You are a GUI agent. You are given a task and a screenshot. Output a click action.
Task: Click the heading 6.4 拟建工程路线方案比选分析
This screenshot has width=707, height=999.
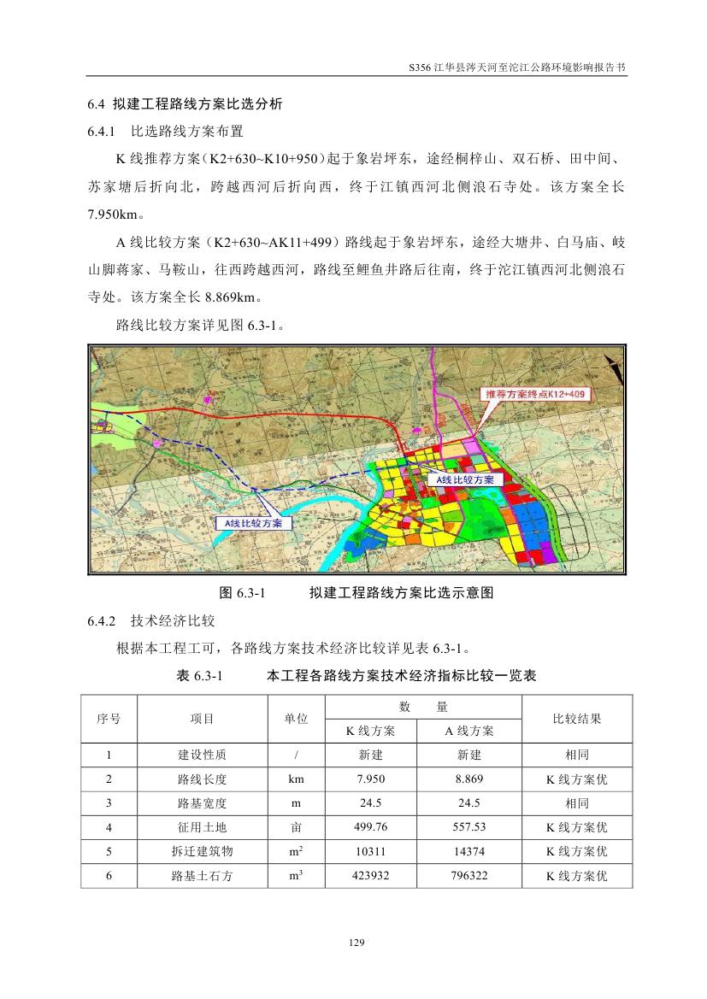185,105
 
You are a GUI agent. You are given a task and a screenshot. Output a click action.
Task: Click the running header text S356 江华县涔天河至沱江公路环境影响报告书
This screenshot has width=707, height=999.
518,66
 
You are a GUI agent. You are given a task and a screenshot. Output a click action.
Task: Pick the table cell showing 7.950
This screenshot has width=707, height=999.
370,779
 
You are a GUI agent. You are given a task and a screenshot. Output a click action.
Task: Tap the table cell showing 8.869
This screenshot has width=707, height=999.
469,779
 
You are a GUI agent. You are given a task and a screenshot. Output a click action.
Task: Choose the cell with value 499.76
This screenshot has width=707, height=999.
370,827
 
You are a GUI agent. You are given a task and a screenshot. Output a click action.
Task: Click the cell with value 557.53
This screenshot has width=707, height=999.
469,827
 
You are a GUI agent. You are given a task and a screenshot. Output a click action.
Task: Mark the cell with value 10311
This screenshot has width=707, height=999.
370,851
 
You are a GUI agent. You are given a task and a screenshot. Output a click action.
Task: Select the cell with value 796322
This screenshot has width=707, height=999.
469,876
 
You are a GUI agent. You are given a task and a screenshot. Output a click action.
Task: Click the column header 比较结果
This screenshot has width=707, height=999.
577,719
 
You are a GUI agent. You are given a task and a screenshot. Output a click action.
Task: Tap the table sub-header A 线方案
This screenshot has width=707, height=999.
469,732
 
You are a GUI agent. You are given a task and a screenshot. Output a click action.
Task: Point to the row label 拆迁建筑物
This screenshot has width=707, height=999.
202,851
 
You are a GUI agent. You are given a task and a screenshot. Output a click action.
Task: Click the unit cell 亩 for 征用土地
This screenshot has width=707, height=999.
296,827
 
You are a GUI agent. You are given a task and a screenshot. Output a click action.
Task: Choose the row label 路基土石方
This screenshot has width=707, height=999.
202,876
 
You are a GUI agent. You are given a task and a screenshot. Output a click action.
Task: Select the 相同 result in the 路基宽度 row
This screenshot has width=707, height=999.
577,803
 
